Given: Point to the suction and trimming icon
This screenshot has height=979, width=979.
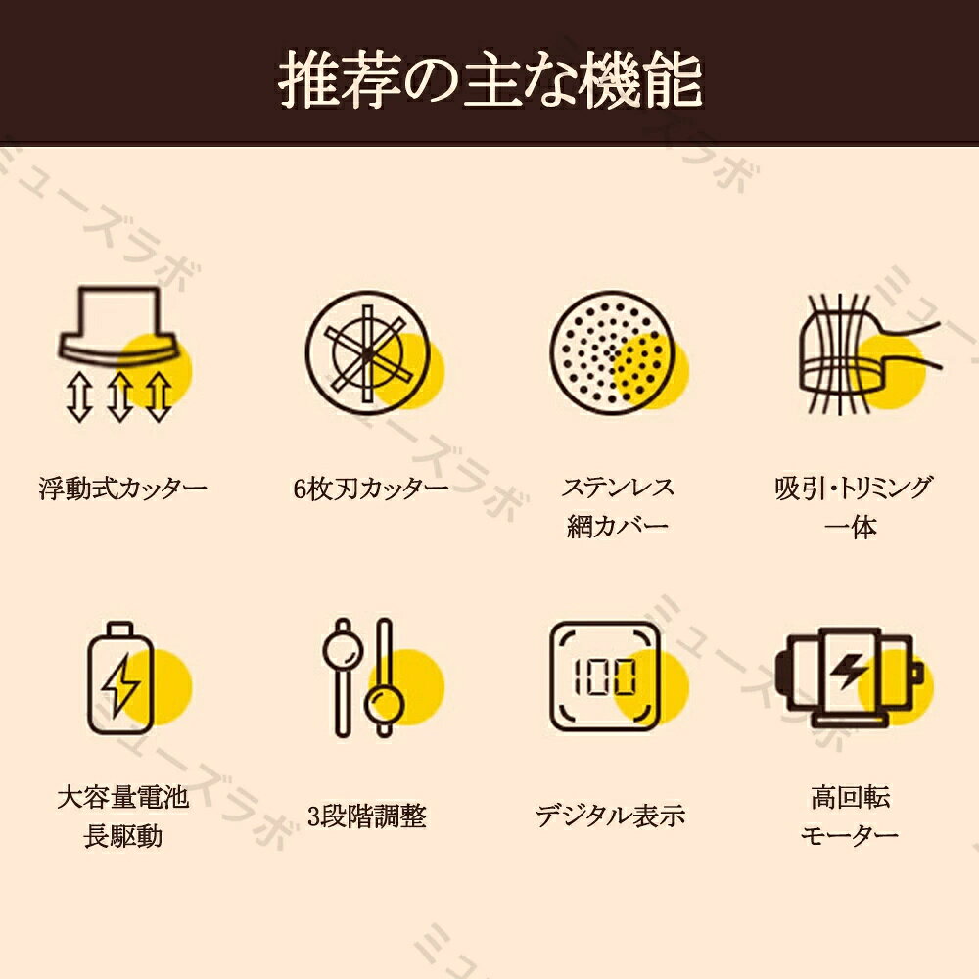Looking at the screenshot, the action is click(x=867, y=353).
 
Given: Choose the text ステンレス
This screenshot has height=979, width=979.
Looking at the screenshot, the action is click(x=618, y=487).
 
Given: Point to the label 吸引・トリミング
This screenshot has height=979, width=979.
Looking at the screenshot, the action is click(x=854, y=487).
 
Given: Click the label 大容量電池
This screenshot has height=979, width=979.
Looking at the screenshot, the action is click(x=123, y=797).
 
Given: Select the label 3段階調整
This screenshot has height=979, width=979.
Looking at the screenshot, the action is click(x=367, y=816).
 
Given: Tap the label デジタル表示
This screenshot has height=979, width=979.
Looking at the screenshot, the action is click(x=611, y=816).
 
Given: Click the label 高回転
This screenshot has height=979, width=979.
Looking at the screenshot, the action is click(x=851, y=797).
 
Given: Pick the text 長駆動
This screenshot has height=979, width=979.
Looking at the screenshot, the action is click(x=123, y=836).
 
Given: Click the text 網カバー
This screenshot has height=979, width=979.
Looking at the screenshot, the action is click(x=618, y=526).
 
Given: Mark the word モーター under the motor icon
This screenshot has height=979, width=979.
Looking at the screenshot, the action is click(x=850, y=835).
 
